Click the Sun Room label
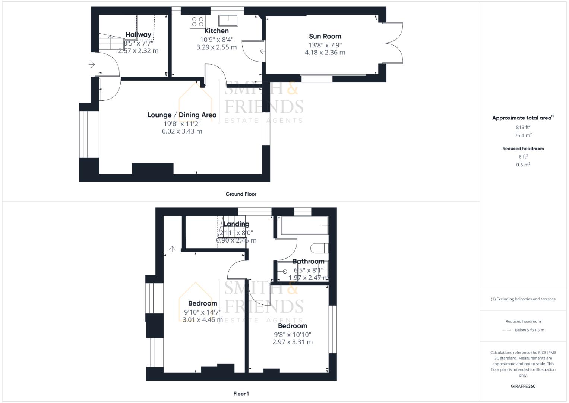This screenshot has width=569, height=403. click(325, 36)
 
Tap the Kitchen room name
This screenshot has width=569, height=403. click(216, 31)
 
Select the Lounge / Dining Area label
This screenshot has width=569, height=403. click(182, 115)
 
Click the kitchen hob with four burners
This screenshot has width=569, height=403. click(197, 21)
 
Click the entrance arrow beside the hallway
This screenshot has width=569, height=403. click(92, 65)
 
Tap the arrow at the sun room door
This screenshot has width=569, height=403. click(262, 51)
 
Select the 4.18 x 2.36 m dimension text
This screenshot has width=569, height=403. click(325, 53)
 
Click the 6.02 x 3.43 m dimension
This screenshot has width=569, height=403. click(182, 131)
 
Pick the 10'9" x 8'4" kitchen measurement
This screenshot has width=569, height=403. click(216, 39)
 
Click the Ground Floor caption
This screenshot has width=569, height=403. click(241, 194)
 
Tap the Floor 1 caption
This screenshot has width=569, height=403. click(241, 394)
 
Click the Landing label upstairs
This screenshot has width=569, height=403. click(236, 224)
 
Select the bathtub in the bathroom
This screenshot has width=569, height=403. click(304, 225)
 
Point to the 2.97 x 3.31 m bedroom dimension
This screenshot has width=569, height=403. click(293, 342)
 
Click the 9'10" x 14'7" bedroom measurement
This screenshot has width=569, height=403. click(203, 312)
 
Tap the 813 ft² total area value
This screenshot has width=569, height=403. click(523, 127)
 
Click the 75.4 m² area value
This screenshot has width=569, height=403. click(523, 135)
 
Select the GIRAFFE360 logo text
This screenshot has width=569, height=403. click(523, 386)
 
